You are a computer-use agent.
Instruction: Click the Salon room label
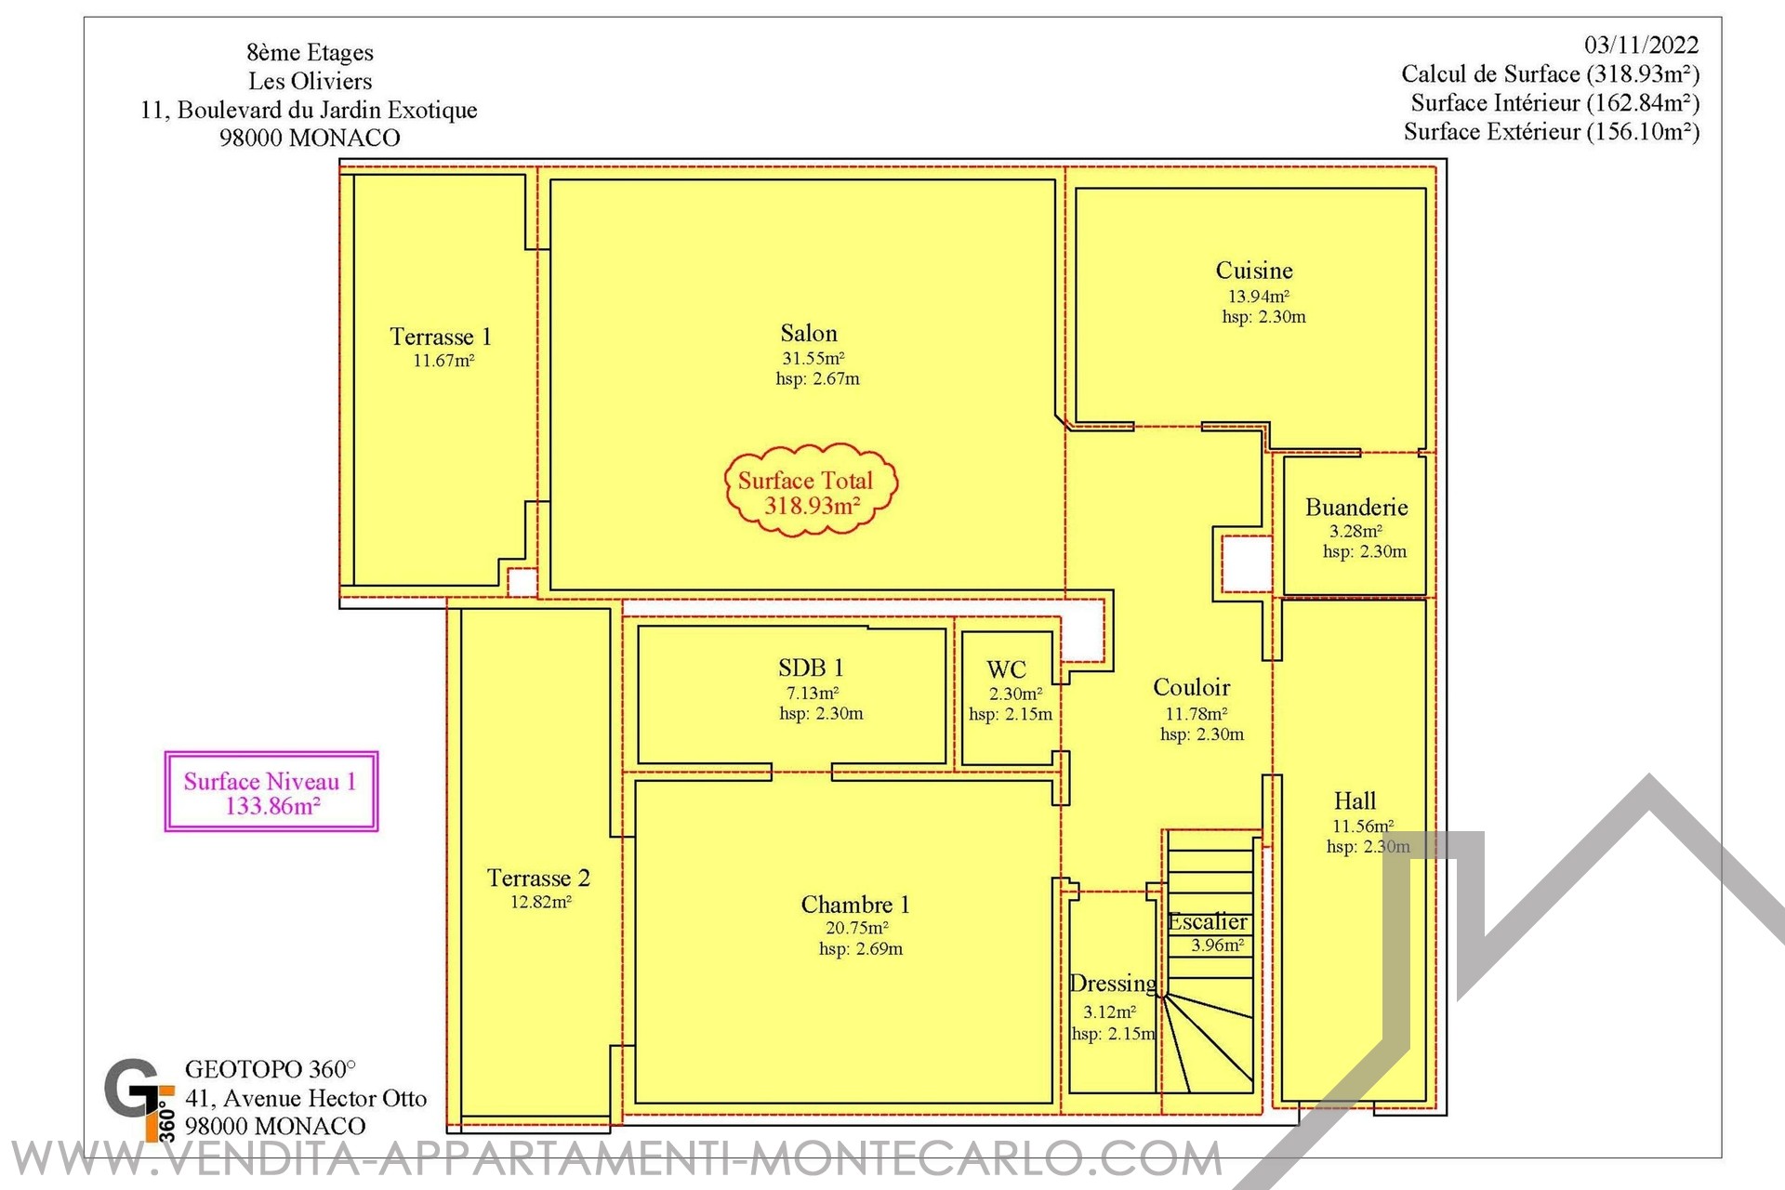coord(809,333)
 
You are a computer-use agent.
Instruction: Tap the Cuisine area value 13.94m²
coord(1259,297)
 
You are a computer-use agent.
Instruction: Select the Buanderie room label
coord(1356,507)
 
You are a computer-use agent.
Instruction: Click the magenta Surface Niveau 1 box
coord(271,791)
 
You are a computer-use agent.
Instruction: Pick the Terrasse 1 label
coord(441,337)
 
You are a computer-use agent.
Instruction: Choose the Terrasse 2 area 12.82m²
coord(540,902)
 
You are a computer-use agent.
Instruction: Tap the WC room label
coord(1006,669)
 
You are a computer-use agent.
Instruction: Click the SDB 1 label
coord(811,668)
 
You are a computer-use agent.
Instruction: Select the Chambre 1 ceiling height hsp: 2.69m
coord(861,949)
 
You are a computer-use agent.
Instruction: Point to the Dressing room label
coord(1113,984)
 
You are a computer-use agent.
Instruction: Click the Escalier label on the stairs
coord(1208,921)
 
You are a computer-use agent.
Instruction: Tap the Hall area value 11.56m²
coord(1363,826)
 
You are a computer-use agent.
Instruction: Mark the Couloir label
coord(1192,687)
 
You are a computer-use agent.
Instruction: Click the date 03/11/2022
coord(1642,45)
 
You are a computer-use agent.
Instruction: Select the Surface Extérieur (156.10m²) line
coord(1552,131)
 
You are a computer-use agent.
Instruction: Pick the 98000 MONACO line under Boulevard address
coord(310,138)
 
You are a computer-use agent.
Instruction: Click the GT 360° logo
coord(139,1099)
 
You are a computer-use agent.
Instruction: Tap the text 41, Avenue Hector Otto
coord(306,1098)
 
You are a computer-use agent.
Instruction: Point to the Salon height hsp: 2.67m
coord(818,378)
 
